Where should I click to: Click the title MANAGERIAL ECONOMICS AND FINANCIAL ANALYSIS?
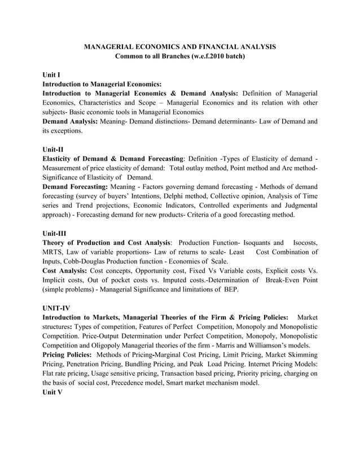tap(179, 47)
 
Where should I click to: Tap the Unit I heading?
tap(51, 74)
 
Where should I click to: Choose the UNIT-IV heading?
tap(56, 307)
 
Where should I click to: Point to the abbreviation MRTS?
tap(54, 252)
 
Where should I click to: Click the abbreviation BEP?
tap(229, 289)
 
